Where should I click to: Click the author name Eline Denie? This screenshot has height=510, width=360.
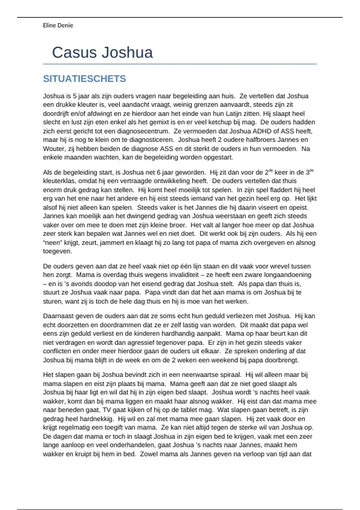tap(58, 25)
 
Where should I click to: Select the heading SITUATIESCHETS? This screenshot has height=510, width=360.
tap(84, 79)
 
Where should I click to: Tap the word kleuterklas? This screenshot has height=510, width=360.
tap(59, 181)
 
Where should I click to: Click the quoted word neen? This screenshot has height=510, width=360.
tap(52, 243)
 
